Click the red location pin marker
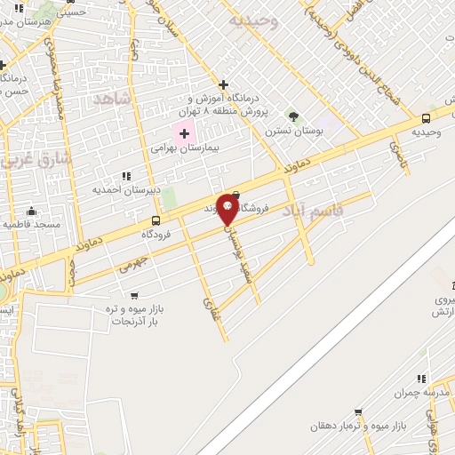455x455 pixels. [228, 208]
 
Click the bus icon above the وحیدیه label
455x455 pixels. [426, 118]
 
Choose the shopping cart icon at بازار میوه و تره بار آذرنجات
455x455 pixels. [134, 295]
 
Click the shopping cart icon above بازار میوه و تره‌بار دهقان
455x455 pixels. [358, 412]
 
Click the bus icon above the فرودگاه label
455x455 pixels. [156, 221]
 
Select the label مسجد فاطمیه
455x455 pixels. [31, 225]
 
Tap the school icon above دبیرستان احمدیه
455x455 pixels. [125, 176]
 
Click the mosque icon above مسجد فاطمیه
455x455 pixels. [32, 211]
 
